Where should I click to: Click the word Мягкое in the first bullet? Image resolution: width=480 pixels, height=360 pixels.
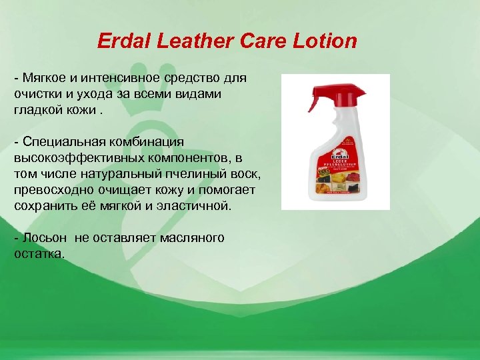[x=45, y=79]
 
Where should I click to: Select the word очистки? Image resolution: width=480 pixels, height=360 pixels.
[x=37, y=95]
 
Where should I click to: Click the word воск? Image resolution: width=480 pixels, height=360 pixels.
[x=247, y=175]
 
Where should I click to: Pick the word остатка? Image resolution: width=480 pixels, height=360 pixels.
[x=39, y=254]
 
